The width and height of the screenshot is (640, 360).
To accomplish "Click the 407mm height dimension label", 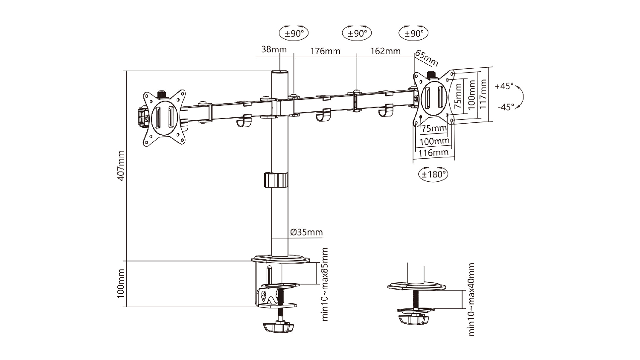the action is tap(121, 166).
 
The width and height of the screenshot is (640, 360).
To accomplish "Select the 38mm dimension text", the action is tap(274, 49).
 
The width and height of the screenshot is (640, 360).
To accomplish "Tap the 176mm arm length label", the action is tap(326, 51).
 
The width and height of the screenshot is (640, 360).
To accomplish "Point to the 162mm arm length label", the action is tap(385, 51).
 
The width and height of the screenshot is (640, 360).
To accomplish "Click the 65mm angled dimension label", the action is tap(427, 58).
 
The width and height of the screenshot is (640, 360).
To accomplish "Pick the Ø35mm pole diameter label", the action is tap(306, 232).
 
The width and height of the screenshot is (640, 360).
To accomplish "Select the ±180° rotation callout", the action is tap(433, 174).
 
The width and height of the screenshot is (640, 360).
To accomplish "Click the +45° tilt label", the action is tap(504, 86).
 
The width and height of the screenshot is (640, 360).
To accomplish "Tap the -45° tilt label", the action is tap(506, 107).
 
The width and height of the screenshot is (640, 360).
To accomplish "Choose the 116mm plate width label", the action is tap(433, 153).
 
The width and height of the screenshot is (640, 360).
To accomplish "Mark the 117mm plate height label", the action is tap(483, 94).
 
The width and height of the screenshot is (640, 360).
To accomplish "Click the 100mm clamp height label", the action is tap(121, 284).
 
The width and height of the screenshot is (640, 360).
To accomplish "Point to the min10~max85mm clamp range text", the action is tap(325, 285).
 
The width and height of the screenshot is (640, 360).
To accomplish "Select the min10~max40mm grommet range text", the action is tap(471, 299).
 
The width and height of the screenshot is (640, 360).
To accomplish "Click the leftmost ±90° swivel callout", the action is tap(294, 33).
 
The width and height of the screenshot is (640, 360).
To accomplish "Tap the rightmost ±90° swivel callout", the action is tap(413, 33).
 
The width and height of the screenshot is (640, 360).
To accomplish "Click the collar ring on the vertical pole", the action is tap(276, 180).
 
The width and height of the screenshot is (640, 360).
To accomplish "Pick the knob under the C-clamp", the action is tap(278, 327).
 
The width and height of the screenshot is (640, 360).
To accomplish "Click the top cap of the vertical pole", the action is tap(280, 73).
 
